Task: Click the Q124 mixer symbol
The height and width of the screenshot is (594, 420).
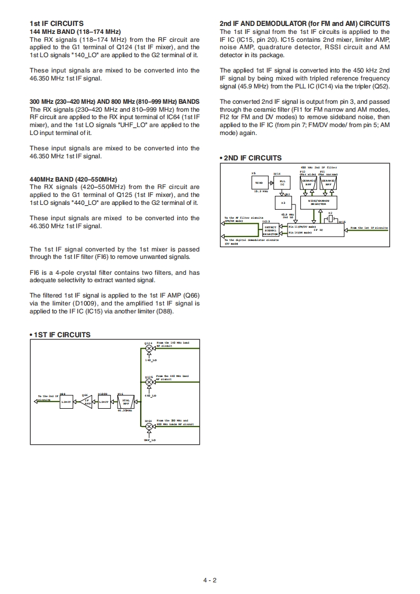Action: point(149,348)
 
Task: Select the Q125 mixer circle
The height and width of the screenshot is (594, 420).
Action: point(149,382)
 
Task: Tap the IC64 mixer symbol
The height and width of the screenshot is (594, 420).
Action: point(149,427)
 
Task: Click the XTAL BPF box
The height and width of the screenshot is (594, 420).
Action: point(126,402)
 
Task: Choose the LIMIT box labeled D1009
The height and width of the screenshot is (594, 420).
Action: point(104,402)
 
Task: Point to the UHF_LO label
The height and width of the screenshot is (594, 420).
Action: point(149,440)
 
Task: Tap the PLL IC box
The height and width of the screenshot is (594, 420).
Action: point(282,182)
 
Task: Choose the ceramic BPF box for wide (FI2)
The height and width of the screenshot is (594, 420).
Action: point(309,183)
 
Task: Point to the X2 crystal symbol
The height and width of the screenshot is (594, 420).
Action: point(330,218)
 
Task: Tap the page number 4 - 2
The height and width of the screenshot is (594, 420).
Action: point(210,580)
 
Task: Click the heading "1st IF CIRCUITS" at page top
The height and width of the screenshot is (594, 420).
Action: point(56,23)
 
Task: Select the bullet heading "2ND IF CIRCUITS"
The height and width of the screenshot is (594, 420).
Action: point(251,158)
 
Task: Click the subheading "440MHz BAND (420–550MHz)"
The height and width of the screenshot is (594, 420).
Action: point(73,179)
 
